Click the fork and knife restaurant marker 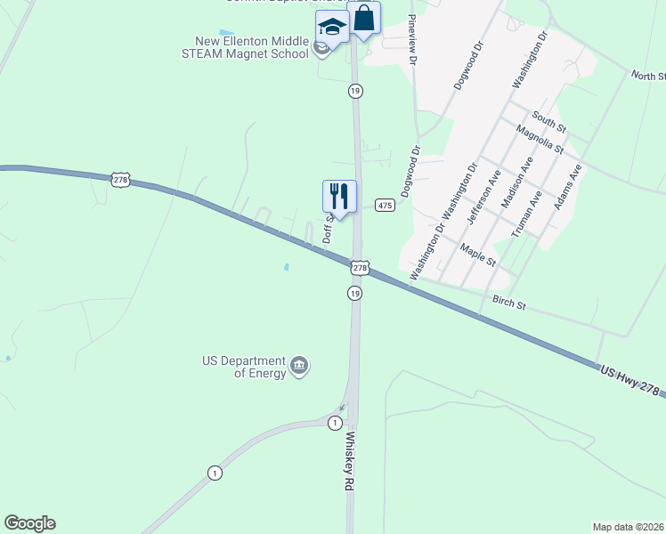point(339,196)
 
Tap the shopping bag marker point(363,18)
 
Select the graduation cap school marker point(332,27)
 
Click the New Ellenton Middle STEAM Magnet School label point(252,46)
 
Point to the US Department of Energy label point(244,367)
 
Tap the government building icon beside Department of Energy point(299,365)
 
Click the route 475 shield point(385,206)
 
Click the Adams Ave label point(567,186)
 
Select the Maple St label point(477,253)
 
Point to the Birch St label point(509,303)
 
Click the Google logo point(29,523)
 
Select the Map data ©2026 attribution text point(628,527)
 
